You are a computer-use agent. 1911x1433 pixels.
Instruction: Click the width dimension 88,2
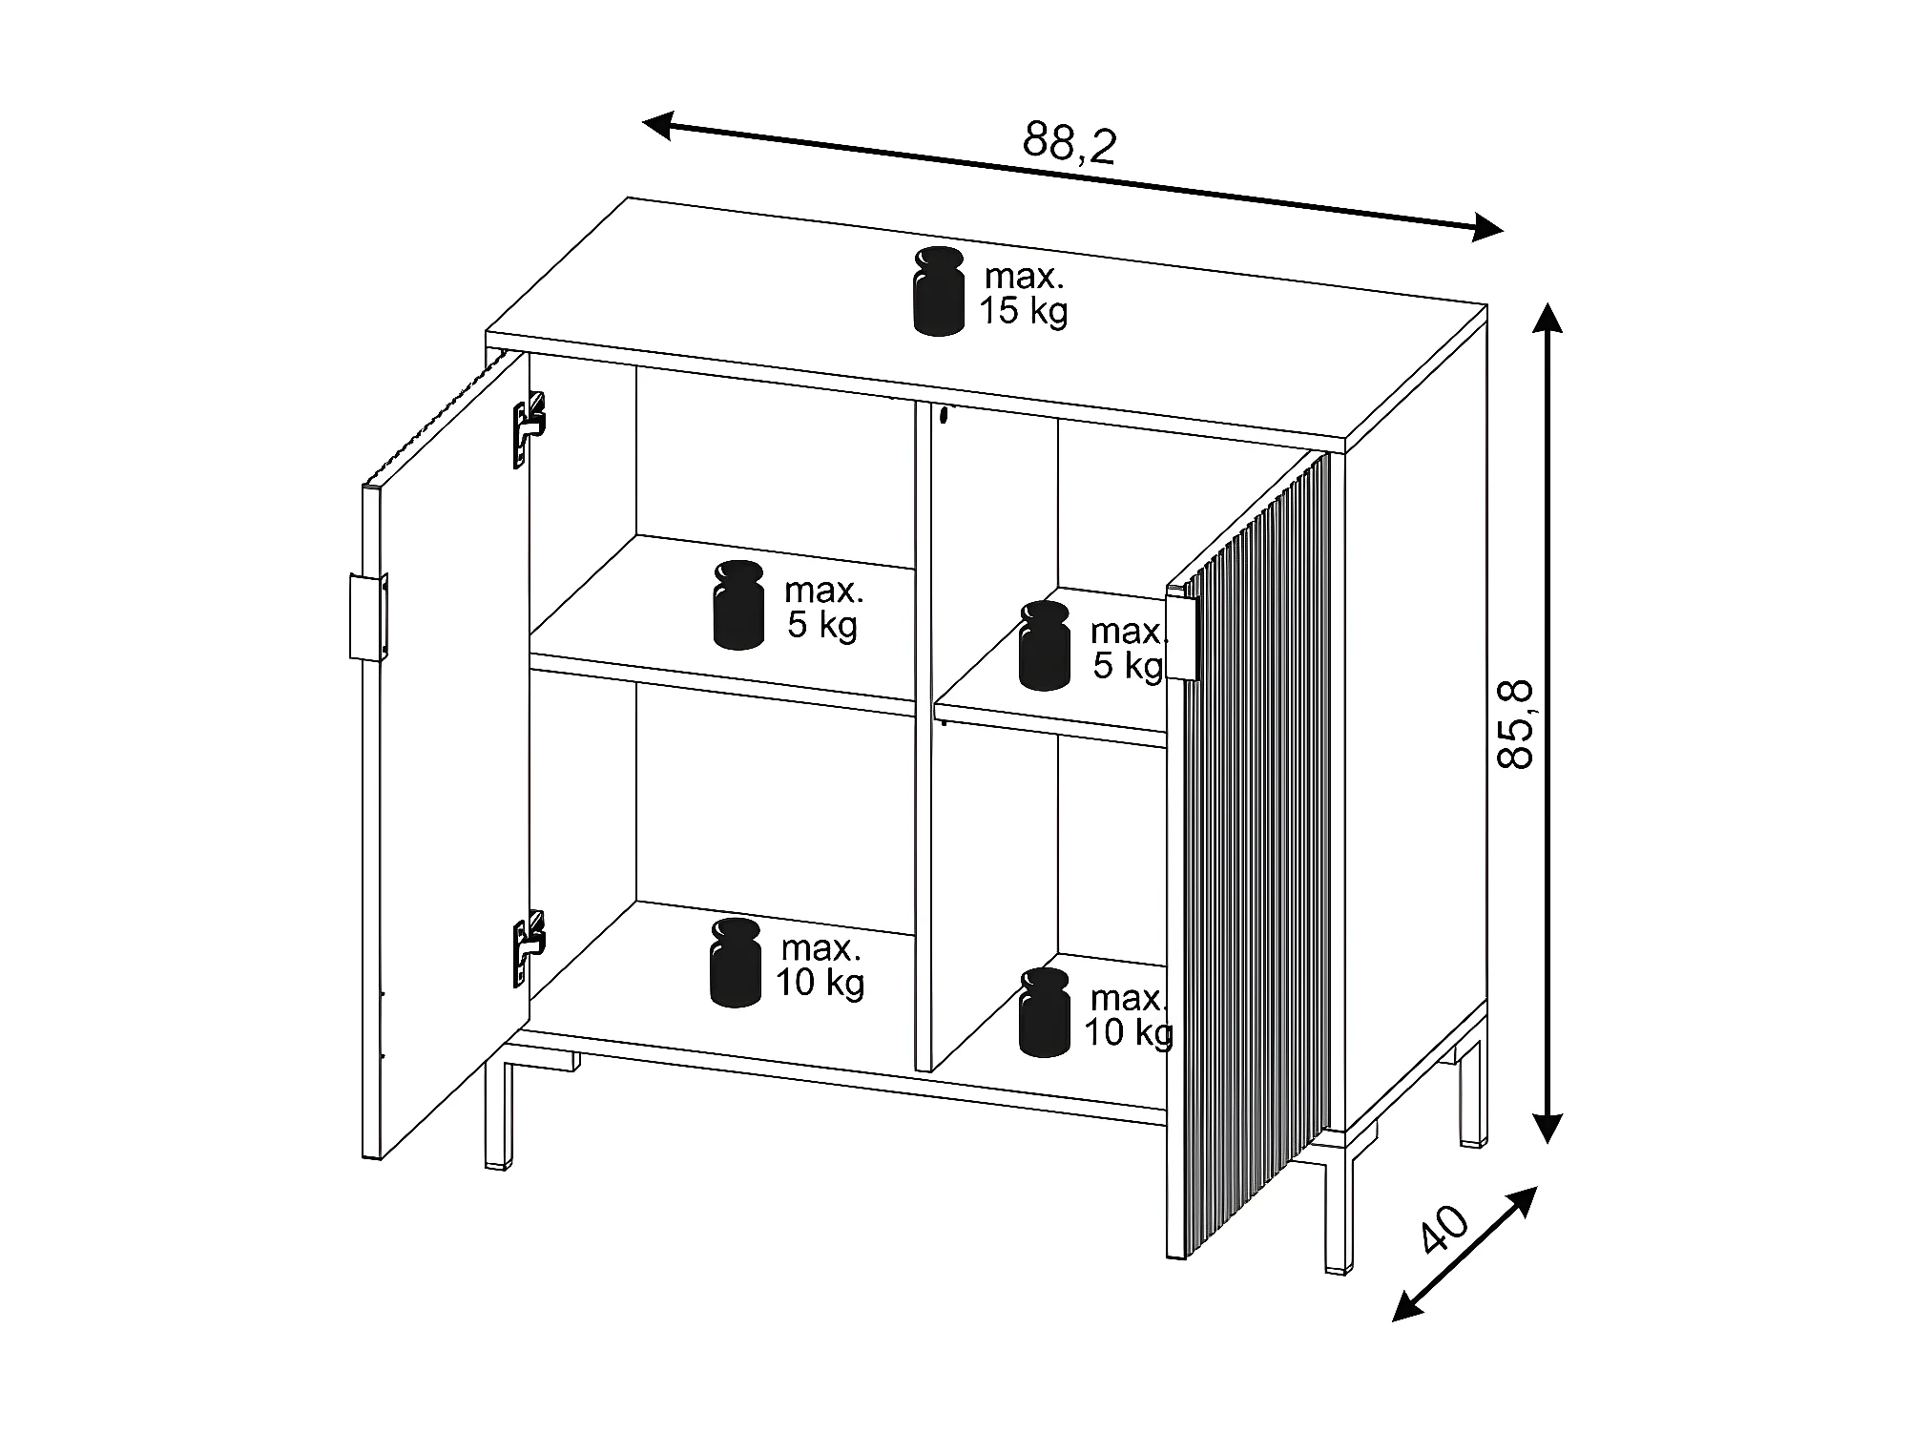[1069, 144]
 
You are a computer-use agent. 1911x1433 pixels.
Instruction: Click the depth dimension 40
[1444, 1230]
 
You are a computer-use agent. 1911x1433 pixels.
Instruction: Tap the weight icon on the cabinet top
[938, 291]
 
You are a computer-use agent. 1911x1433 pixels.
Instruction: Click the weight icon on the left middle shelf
[738, 605]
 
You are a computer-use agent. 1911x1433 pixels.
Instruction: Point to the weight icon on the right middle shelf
[1044, 645]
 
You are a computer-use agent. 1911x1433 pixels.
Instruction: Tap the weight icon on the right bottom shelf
[1044, 1012]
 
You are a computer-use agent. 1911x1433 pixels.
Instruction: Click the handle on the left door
[368, 617]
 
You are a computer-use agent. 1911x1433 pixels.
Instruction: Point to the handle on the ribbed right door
[1182, 637]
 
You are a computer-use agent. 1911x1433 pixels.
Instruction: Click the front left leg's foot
[496, 1165]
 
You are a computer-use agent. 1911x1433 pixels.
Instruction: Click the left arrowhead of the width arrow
[658, 124]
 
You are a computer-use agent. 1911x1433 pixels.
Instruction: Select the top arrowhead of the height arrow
[1547, 318]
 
